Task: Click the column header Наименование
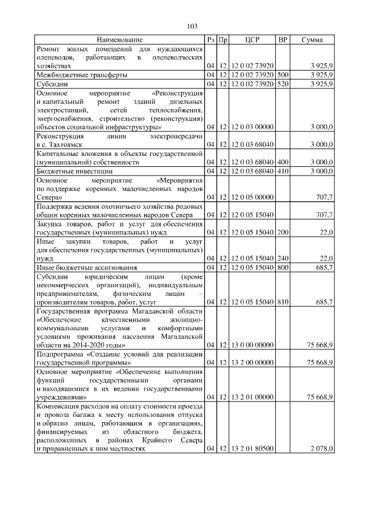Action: click(x=120, y=40)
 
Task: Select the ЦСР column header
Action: click(x=252, y=40)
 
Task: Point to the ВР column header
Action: click(x=282, y=40)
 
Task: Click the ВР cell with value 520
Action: click(x=282, y=84)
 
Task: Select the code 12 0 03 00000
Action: click(x=252, y=126)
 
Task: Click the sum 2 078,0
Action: click(x=321, y=449)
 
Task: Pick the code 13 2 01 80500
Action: click(x=252, y=449)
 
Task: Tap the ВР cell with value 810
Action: click(x=282, y=301)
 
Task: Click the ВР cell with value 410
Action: click(x=282, y=171)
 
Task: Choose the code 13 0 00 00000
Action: click(x=252, y=345)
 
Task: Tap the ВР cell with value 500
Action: click(x=282, y=75)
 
